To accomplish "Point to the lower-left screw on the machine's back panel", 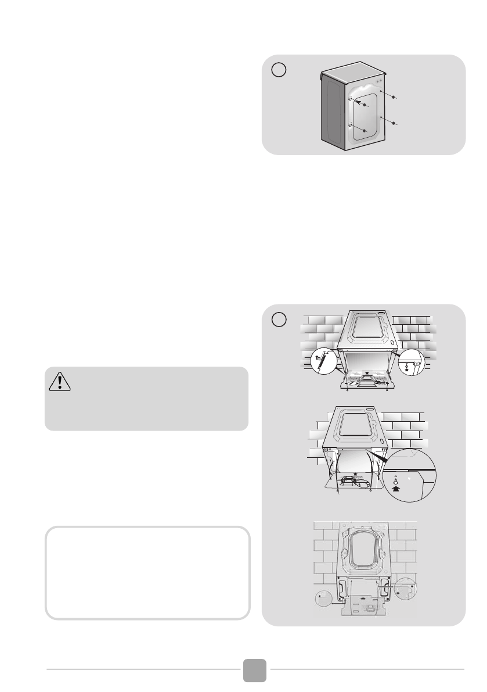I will [x=364, y=131].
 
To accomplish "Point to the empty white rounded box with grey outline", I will [x=147, y=573].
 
